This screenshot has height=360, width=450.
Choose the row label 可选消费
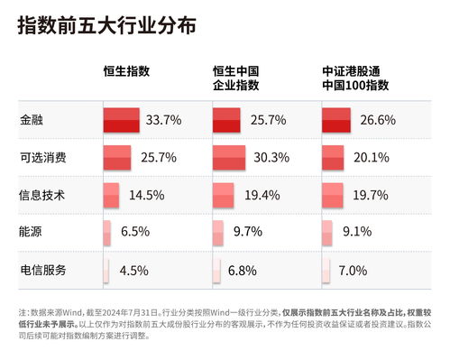tap(42, 157)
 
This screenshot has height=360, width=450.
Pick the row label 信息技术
tap(42, 194)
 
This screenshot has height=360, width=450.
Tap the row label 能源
tap(30, 231)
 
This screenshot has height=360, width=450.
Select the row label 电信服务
tap(42, 269)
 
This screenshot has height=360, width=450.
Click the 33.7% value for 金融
tap(164, 119)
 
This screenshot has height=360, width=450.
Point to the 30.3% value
tap(272, 157)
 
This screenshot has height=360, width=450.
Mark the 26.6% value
tap(377, 119)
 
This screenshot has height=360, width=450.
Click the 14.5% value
tap(146, 194)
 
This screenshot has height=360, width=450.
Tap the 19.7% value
tap(371, 194)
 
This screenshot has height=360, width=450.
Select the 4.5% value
tap(133, 269)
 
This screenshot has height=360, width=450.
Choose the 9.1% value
tap(354, 231)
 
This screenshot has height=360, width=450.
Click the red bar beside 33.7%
tap(121, 119)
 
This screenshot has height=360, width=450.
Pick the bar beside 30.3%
tap(229, 157)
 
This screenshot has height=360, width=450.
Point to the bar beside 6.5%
tap(106, 232)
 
